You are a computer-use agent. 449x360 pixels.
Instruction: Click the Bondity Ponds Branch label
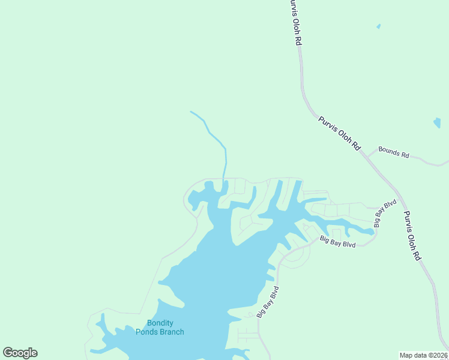pos(160,327)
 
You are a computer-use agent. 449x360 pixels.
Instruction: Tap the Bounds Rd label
pos(393,152)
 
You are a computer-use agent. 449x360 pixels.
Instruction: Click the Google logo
pos(20,353)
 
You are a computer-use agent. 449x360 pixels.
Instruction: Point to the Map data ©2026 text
pos(424,355)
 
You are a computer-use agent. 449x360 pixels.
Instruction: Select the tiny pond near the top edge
pos(378,26)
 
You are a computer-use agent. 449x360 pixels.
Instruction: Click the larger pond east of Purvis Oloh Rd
pos(437,123)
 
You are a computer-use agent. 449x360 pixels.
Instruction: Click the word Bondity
pos(160,323)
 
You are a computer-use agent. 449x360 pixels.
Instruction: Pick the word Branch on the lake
pos(172,332)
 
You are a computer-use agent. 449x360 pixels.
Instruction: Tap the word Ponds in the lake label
pos(146,332)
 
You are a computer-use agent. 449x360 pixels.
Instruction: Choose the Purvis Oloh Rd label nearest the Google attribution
pos(412,235)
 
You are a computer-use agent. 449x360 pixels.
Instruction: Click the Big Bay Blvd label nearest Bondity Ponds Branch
pos(268,302)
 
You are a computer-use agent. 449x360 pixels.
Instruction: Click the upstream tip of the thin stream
pos(191,112)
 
